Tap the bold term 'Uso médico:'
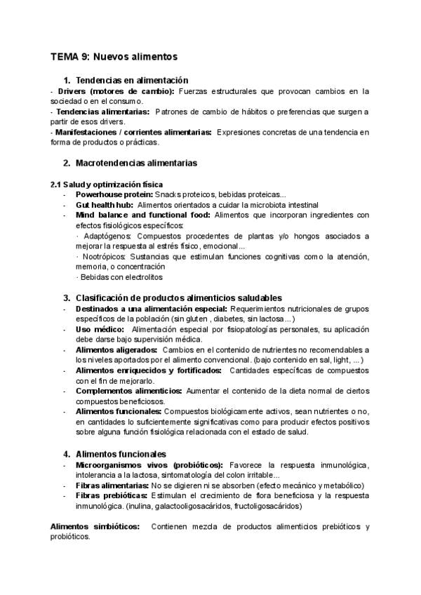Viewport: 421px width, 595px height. pyautogui.click(x=100, y=329)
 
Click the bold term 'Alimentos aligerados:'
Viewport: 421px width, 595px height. pyautogui.click(x=116, y=349)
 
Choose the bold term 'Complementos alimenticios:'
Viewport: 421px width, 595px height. pyautogui.click(x=128, y=390)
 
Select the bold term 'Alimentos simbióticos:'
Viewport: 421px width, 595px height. pyautogui.click(x=95, y=526)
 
